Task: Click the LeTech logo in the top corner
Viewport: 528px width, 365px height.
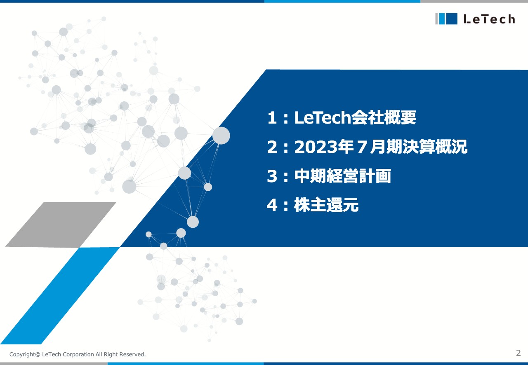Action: pyautogui.click(x=475, y=19)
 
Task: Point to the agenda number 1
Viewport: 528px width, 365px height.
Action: pyautogui.click(x=272, y=119)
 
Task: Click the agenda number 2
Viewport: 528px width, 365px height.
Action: pyautogui.click(x=272, y=147)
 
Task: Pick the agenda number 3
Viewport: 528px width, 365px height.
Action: pyautogui.click(x=272, y=176)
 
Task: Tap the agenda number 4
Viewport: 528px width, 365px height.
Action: pyautogui.click(x=272, y=205)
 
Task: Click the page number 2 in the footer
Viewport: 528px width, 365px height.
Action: pyautogui.click(x=519, y=353)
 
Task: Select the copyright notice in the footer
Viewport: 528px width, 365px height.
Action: pyautogui.click(x=78, y=354)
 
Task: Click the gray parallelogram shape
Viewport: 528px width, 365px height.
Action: pyautogui.click(x=61, y=225)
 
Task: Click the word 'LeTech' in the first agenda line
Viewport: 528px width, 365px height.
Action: pyautogui.click(x=322, y=119)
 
